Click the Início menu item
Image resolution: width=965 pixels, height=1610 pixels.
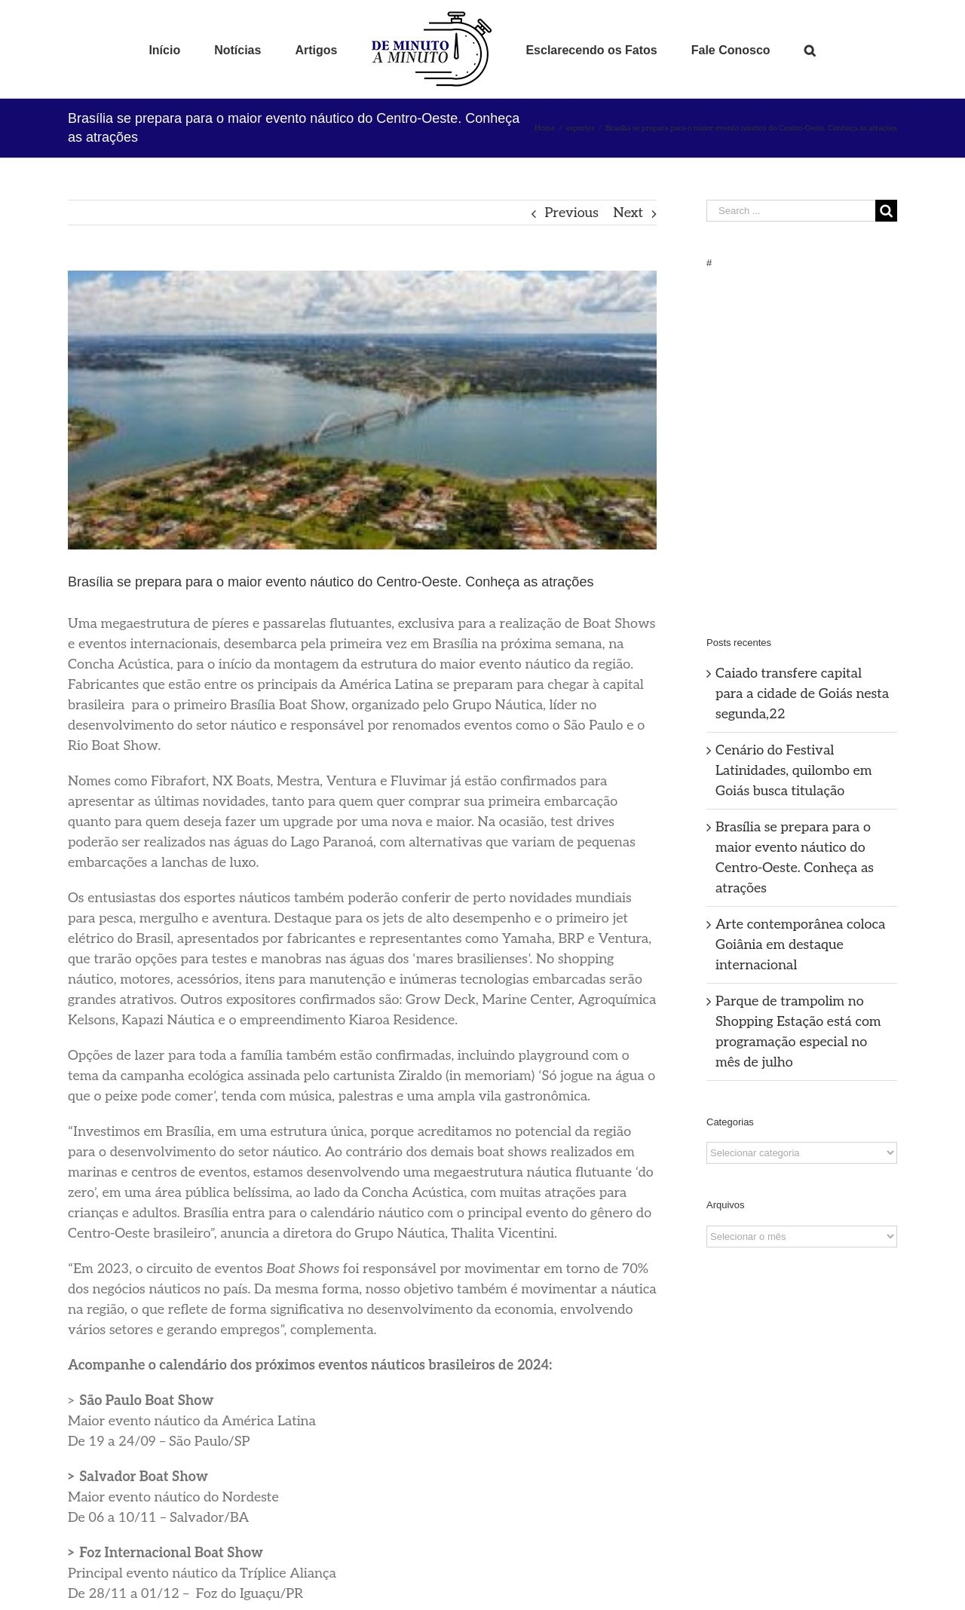click(x=164, y=51)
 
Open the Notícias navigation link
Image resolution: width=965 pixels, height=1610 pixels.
click(x=237, y=51)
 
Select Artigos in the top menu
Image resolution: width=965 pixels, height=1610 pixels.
click(x=316, y=51)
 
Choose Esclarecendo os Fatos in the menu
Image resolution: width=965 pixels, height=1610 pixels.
click(x=591, y=51)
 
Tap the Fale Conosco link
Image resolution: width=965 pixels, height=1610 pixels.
click(x=730, y=51)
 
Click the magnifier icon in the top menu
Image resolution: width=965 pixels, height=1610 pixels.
click(x=810, y=51)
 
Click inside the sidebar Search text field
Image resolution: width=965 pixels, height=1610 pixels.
click(x=790, y=211)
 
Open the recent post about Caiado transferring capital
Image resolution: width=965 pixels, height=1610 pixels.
click(x=801, y=693)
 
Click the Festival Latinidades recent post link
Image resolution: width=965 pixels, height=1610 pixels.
click(x=793, y=770)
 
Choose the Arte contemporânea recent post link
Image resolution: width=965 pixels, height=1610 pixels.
click(x=800, y=944)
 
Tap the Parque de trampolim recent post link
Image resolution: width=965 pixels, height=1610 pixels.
click(x=798, y=1030)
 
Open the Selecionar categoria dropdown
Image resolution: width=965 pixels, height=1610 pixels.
click(x=801, y=1152)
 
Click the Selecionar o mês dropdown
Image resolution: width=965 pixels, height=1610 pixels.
click(x=801, y=1236)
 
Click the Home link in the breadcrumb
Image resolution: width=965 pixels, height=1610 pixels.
click(x=544, y=128)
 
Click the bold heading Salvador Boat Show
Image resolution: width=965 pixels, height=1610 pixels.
click(x=143, y=1476)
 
